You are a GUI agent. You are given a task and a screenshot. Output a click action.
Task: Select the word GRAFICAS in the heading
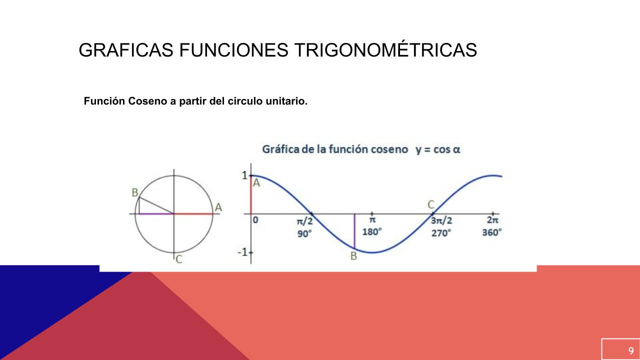pyautogui.click(x=126, y=50)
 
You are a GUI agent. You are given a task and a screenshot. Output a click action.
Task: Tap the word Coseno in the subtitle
pyautogui.click(x=147, y=101)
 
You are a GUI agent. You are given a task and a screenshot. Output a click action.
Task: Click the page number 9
pyautogui.click(x=631, y=350)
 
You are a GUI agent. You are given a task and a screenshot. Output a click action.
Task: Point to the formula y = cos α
pyautogui.click(x=438, y=149)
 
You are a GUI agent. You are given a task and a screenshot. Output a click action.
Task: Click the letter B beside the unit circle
pyautogui.click(x=135, y=193)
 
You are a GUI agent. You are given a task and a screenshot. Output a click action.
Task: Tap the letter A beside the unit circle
pyautogui.click(x=218, y=207)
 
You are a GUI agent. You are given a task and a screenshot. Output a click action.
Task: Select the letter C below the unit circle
pyautogui.click(x=179, y=259)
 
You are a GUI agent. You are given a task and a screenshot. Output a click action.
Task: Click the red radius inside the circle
pyautogui.click(x=193, y=213)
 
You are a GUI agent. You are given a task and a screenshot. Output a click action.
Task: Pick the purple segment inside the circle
pyautogui.click(x=156, y=213)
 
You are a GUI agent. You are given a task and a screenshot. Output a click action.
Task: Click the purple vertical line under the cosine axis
pyautogui.click(x=354, y=231)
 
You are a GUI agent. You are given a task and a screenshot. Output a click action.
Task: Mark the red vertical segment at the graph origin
pyautogui.click(x=251, y=195)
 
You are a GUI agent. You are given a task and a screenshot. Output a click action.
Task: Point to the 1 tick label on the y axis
pyautogui.click(x=244, y=175)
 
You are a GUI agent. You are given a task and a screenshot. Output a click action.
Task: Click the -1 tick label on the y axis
pyautogui.click(x=242, y=252)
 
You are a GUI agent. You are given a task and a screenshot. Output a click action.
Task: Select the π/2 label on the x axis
pyautogui.click(x=305, y=221)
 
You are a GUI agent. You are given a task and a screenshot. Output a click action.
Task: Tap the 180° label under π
pyautogui.click(x=372, y=231)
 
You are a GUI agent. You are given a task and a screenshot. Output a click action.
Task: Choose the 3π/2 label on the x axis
pyautogui.click(x=441, y=220)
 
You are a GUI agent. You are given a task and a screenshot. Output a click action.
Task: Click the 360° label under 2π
pyautogui.click(x=492, y=232)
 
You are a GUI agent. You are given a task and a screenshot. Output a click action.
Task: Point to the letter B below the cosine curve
pyautogui.click(x=353, y=256)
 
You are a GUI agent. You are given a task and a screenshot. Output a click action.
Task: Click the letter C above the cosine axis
pyautogui.click(x=431, y=204)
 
